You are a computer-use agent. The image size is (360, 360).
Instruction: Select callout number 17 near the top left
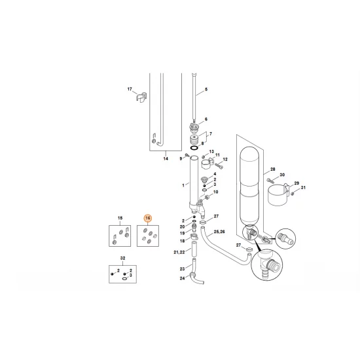click(x=130, y=89)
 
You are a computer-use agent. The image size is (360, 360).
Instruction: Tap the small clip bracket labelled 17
click(x=141, y=98)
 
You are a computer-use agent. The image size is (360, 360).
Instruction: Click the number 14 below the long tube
click(x=166, y=159)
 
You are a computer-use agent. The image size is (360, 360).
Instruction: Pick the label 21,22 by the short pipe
click(x=179, y=252)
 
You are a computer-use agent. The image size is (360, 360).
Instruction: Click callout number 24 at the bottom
click(x=183, y=278)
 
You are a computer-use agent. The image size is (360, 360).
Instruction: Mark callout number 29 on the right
click(x=297, y=183)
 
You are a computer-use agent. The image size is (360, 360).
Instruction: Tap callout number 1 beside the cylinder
click(x=184, y=186)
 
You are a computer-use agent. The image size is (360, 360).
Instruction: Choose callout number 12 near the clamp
click(x=224, y=160)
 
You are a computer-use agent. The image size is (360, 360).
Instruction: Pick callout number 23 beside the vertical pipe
click(x=183, y=268)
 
